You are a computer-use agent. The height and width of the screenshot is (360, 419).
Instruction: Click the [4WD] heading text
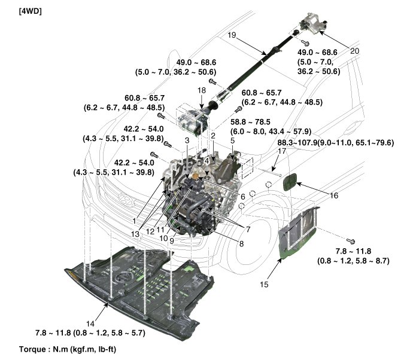point(16,11)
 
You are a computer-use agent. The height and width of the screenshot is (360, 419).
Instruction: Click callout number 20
point(354,51)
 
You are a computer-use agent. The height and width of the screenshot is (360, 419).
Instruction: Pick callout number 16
point(333,195)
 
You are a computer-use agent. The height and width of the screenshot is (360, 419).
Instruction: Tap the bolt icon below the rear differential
point(305,42)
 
